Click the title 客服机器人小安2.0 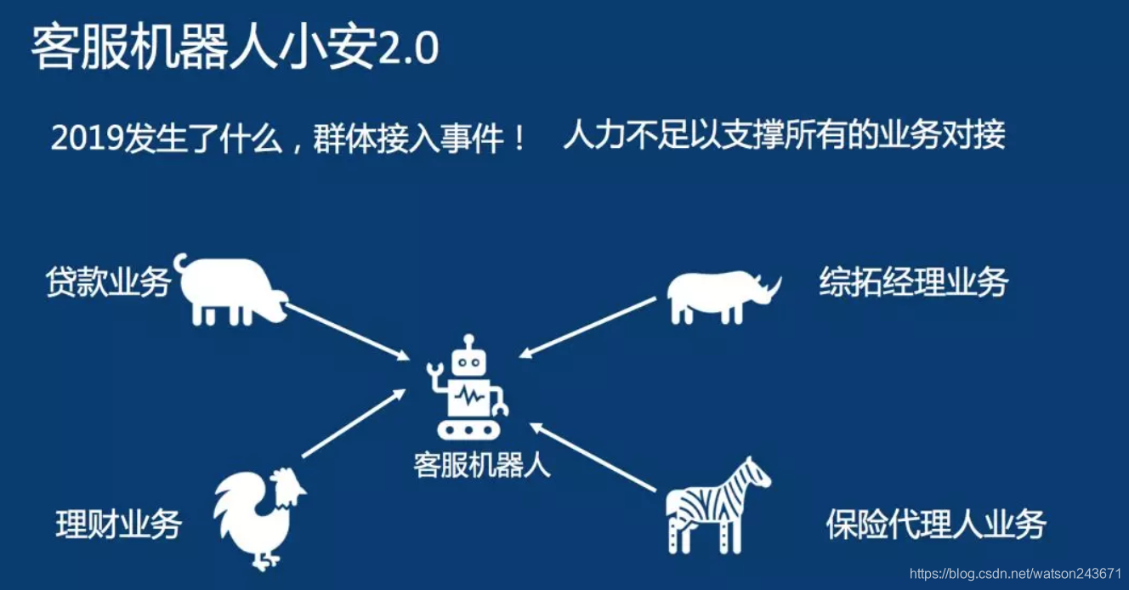235,48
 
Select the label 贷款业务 108,283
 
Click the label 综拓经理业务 913,282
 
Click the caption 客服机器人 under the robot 482,465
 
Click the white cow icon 230,289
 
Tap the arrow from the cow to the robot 346,330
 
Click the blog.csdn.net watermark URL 1015,574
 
